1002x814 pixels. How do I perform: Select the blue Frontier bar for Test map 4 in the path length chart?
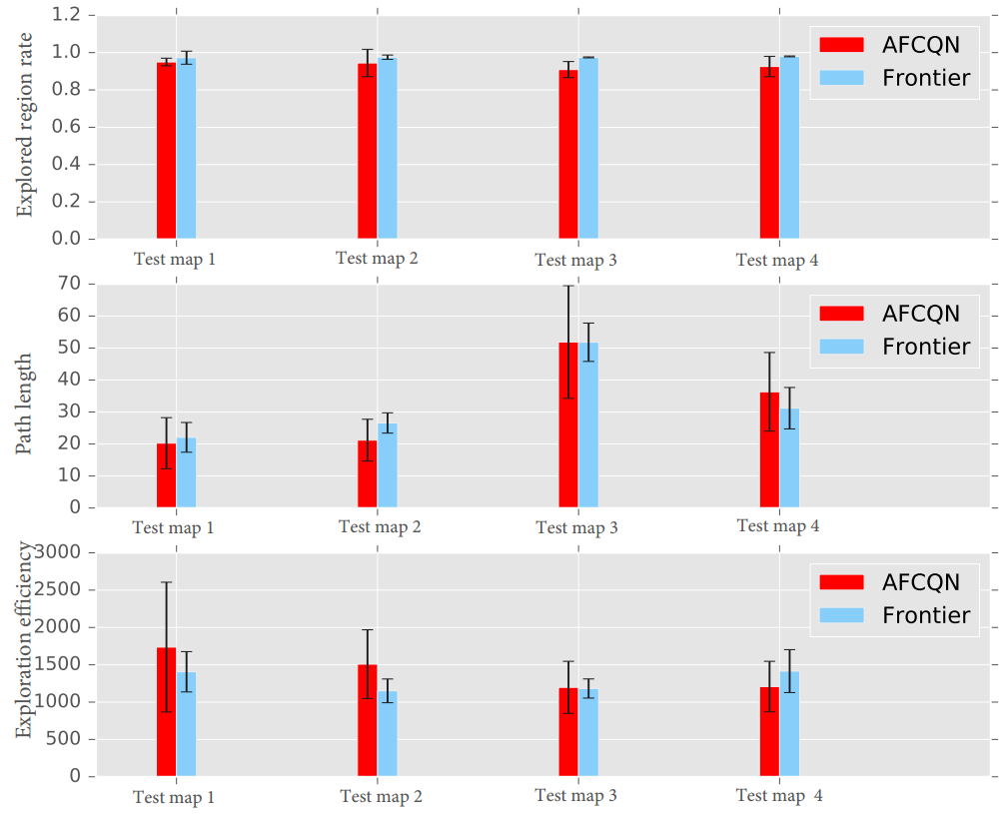(789, 458)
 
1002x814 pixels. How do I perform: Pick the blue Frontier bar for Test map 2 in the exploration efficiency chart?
(388, 734)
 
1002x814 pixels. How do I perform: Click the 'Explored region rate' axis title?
(25, 124)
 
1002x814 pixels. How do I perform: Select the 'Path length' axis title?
(25, 404)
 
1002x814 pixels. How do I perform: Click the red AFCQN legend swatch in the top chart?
(841, 45)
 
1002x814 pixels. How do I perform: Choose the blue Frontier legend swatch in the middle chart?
(841, 346)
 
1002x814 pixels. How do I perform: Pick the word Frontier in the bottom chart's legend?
(926, 615)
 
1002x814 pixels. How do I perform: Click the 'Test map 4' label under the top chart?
(777, 261)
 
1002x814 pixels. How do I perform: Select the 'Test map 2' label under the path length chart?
(380, 526)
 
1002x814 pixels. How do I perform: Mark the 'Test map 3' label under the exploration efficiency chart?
(575, 796)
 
